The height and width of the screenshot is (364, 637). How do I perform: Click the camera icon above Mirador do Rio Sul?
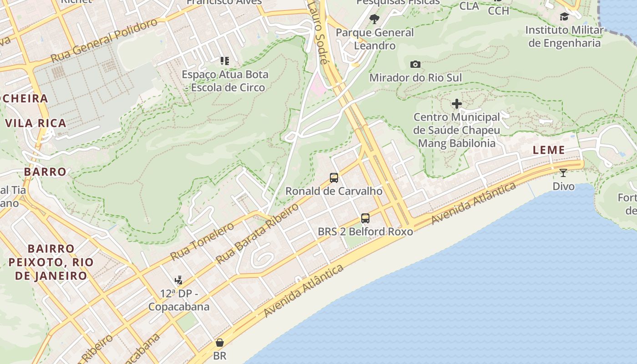pos(415,65)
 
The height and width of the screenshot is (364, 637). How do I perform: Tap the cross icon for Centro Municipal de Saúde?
pos(457,104)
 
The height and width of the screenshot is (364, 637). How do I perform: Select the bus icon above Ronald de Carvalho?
pos(334,178)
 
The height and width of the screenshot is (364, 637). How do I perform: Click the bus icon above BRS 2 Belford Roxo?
pos(365,218)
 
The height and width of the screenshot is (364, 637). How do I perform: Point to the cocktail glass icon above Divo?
pos(563,173)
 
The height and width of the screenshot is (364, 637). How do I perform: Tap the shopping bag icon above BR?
pos(220,343)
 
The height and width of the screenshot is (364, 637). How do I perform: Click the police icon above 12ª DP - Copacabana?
pos(179,280)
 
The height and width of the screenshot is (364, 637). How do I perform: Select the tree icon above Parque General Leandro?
pos(374,19)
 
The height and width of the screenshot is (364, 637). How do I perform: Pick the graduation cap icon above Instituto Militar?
pos(564,17)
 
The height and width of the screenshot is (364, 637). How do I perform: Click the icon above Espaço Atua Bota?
pos(224,61)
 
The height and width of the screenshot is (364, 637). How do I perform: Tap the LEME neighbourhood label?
pos(549,150)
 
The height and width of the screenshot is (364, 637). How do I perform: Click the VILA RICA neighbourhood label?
pos(36,123)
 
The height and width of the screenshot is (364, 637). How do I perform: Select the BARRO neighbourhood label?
pos(45,172)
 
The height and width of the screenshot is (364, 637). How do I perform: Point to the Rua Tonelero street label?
pos(202,238)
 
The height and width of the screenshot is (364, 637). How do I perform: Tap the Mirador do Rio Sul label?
pos(415,78)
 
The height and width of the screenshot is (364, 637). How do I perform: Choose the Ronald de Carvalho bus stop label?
pos(334,191)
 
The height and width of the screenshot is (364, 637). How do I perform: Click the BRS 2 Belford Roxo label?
pos(365,232)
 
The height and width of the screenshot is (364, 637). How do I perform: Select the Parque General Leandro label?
pos(375,39)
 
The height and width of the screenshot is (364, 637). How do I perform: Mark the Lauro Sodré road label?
pos(318,32)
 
